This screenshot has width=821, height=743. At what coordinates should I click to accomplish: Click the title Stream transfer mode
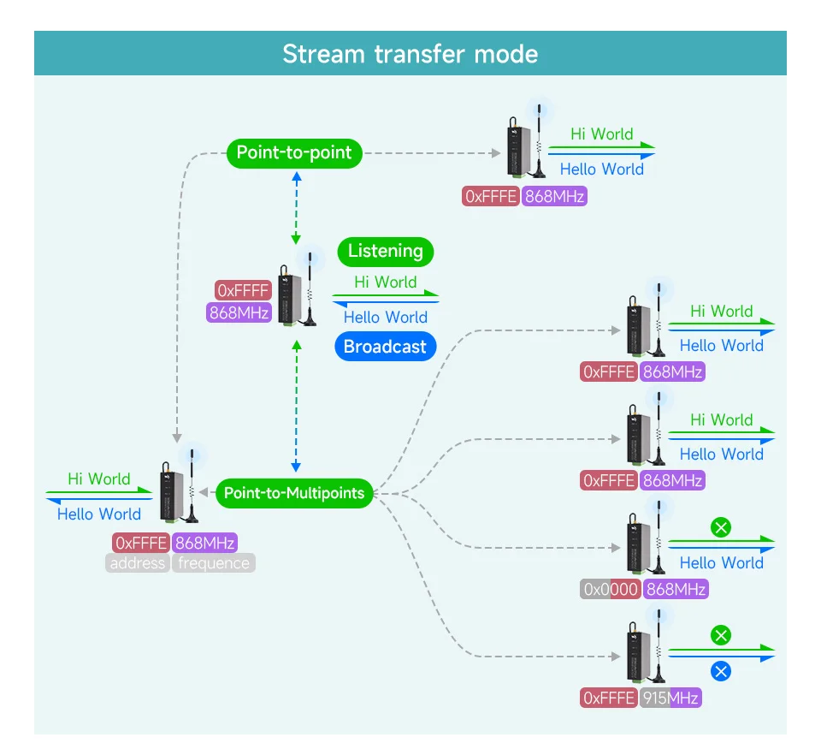410,54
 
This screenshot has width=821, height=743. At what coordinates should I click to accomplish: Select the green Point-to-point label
294,153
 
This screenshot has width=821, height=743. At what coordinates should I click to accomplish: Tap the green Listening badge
386,252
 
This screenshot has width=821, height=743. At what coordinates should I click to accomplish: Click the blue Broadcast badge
385,347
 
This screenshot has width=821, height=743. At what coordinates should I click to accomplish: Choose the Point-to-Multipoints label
294,493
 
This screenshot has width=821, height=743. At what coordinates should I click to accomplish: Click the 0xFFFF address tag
244,290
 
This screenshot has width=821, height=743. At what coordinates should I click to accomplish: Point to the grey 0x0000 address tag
611,589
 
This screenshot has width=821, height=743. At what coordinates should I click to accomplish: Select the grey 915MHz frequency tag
671,698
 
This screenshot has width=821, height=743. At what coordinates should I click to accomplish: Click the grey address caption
138,563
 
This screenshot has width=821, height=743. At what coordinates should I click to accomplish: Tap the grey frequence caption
214,563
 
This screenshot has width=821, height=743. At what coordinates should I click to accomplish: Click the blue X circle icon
721,671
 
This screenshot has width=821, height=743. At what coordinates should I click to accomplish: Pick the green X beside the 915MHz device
721,635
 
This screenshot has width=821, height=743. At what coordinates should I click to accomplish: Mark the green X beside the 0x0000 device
721,527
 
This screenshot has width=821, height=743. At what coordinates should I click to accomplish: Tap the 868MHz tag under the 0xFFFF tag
239,312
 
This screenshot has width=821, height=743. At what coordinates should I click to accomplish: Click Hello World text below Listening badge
385,318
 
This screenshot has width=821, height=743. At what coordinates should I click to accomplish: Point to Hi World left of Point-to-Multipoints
99,479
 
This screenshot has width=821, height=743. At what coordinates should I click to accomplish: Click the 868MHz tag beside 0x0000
676,589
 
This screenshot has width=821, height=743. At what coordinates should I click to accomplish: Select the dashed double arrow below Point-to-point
296,207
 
